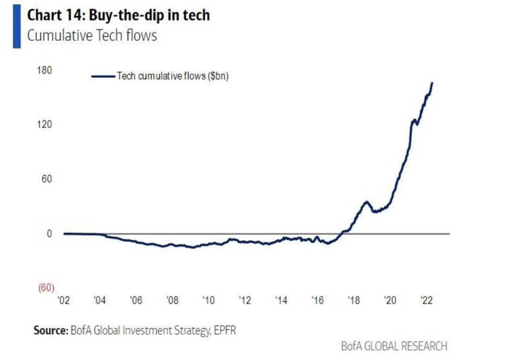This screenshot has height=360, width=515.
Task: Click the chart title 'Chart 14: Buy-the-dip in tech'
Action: coord(118,16)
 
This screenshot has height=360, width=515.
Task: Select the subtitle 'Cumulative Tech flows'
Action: coord(92,36)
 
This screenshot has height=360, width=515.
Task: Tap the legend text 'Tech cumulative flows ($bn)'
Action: coord(173,76)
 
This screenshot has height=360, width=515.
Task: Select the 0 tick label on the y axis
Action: coord(49,234)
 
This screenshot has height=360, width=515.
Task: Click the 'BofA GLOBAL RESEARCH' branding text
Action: coord(394,346)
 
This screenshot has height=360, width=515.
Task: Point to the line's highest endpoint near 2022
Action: coord(433,83)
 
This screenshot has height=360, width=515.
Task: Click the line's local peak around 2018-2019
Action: coord(367,202)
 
